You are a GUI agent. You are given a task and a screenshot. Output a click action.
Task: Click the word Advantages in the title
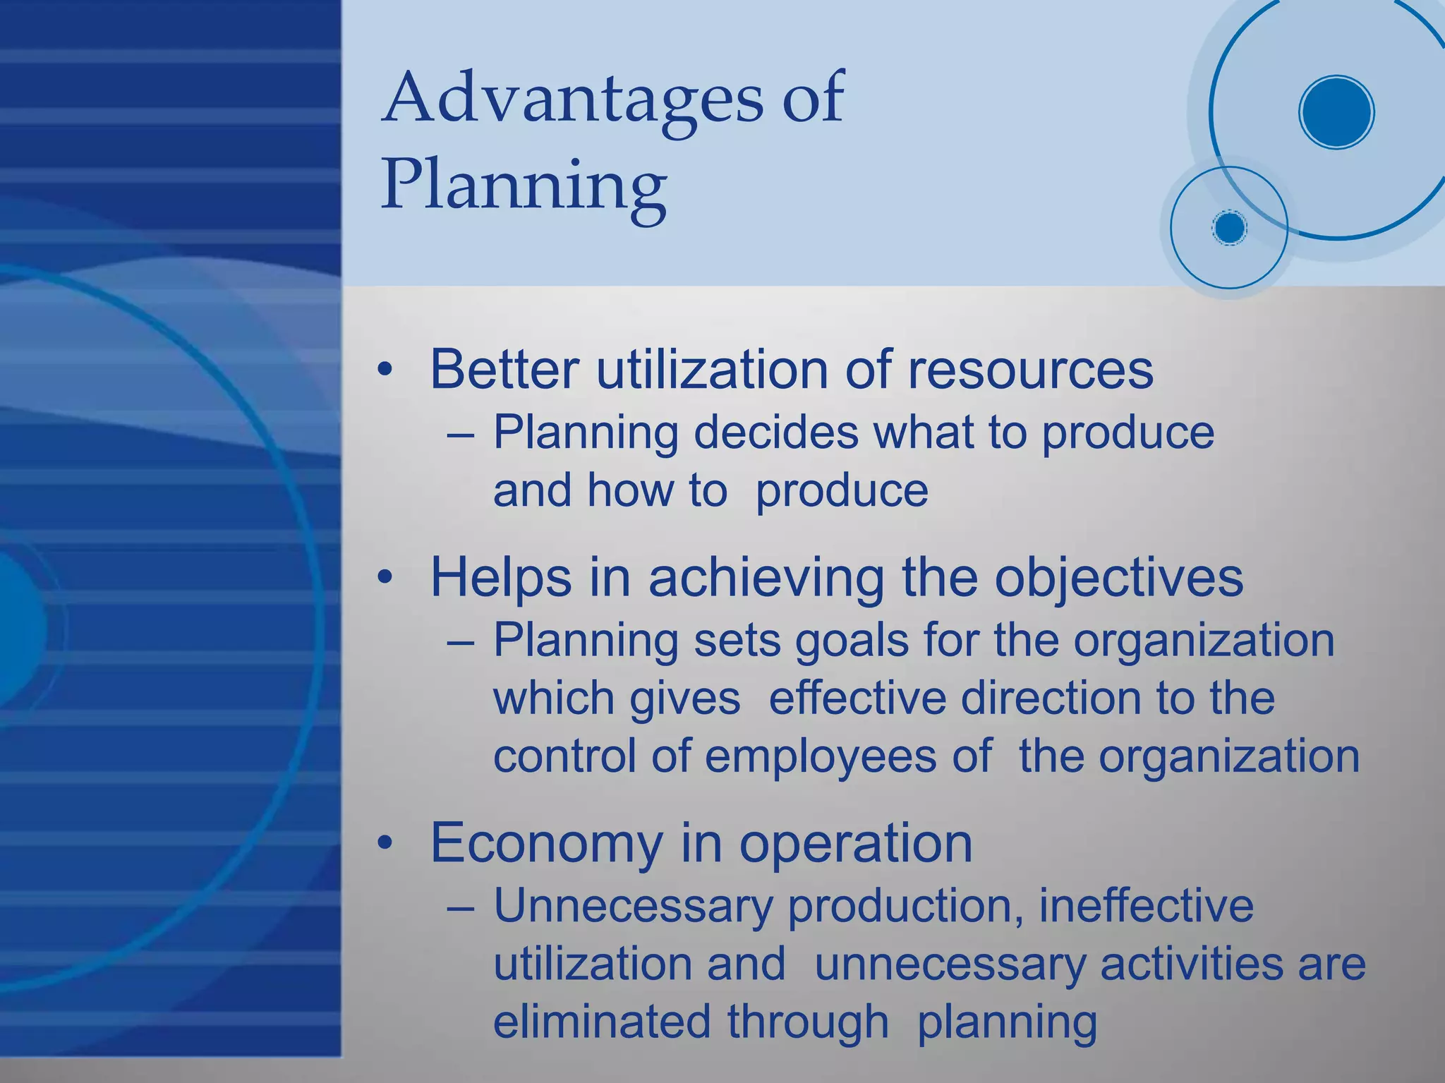coord(572,99)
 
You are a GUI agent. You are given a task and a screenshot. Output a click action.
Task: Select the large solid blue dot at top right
coord(1336,112)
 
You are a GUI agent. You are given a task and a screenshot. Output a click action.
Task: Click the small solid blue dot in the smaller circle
coord(1229,228)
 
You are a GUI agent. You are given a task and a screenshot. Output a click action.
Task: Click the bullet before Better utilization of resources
coord(384,370)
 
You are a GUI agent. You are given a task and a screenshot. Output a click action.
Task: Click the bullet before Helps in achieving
coord(384,578)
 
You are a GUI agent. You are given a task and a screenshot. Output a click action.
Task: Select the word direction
coord(1052,698)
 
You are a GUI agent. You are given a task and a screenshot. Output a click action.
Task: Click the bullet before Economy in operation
coord(384,843)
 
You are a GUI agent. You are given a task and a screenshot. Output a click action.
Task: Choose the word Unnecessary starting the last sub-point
coord(632,906)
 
